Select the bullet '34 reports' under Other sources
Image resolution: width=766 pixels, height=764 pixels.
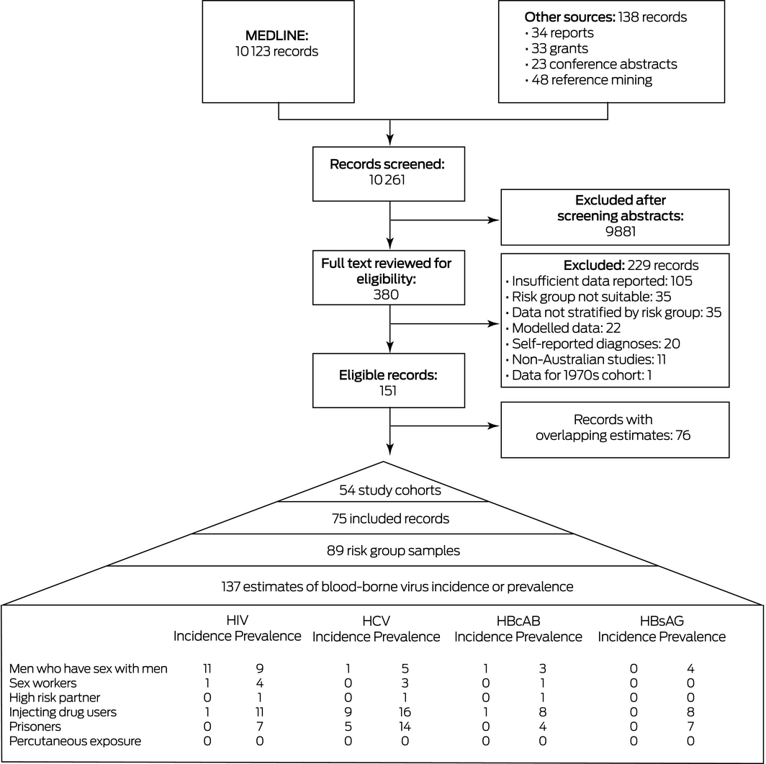tap(559, 32)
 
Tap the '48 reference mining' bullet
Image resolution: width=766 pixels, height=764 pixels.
tap(589, 80)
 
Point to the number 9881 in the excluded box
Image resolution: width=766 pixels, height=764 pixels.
tap(621, 231)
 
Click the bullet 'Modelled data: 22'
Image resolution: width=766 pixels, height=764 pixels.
tap(563, 328)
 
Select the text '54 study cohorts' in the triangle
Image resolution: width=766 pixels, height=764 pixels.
tap(390, 490)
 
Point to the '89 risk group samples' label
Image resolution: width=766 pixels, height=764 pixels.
tap(393, 551)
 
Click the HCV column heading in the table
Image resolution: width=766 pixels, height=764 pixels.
tap(376, 621)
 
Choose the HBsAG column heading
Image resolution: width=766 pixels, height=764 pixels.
tap(662, 621)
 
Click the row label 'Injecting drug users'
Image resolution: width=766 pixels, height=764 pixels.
tap(63, 711)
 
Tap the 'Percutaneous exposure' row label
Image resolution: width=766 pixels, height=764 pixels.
tap(75, 741)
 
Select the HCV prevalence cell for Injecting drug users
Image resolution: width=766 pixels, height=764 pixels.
tap(405, 711)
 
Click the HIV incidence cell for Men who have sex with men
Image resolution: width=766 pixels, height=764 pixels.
tap(207, 668)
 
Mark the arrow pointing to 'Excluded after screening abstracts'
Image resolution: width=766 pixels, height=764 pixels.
tap(445, 220)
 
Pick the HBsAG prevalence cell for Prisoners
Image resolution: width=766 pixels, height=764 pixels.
tap(690, 727)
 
